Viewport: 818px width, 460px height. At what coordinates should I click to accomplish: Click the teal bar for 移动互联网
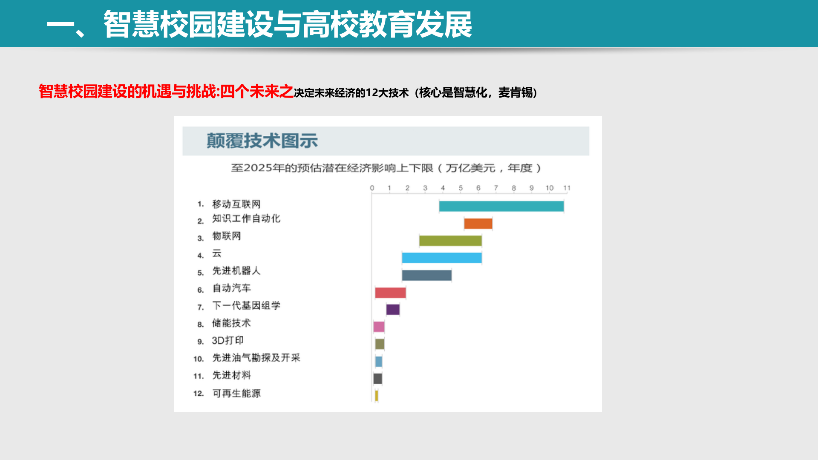click(x=501, y=207)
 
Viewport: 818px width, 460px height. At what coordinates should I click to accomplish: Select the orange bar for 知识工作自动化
click(x=478, y=224)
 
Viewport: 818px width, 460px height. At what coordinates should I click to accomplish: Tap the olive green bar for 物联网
click(x=450, y=241)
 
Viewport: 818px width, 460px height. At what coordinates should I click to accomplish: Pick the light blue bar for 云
click(x=441, y=258)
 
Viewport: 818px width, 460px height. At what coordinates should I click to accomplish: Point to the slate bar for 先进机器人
click(x=426, y=275)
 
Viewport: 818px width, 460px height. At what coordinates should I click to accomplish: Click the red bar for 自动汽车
click(x=390, y=293)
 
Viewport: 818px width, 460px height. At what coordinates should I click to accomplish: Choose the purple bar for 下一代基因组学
click(x=393, y=310)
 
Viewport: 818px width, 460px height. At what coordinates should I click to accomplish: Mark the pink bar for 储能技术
click(x=379, y=327)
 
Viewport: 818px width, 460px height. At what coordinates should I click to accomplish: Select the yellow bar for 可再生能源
click(x=377, y=396)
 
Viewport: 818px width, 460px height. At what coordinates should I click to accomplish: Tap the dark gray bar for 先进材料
click(x=378, y=378)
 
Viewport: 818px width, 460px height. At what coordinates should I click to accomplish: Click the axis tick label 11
click(x=567, y=188)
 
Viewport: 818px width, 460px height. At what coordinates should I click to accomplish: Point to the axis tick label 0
click(x=372, y=188)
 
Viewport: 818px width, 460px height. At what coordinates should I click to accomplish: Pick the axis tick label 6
click(x=478, y=188)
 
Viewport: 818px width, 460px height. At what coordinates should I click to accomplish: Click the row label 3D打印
click(x=228, y=340)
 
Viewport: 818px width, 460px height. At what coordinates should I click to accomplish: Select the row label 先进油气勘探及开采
click(x=256, y=358)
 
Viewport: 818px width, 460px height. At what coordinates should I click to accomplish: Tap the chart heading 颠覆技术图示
click(x=262, y=141)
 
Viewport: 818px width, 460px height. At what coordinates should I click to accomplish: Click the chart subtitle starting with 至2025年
click(x=386, y=168)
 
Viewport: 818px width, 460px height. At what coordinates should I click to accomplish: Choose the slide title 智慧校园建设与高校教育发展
click(x=288, y=24)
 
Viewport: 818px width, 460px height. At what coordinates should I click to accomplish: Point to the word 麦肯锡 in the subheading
click(x=515, y=92)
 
